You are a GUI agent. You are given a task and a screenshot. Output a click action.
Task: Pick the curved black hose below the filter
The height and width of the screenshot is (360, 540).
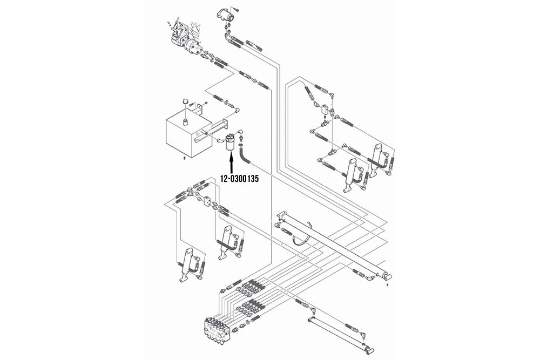pos(245,157)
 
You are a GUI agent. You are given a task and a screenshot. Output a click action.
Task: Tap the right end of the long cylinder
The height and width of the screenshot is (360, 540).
pos(386,275)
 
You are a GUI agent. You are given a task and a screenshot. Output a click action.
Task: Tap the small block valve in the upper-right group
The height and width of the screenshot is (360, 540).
pos(326,110)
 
